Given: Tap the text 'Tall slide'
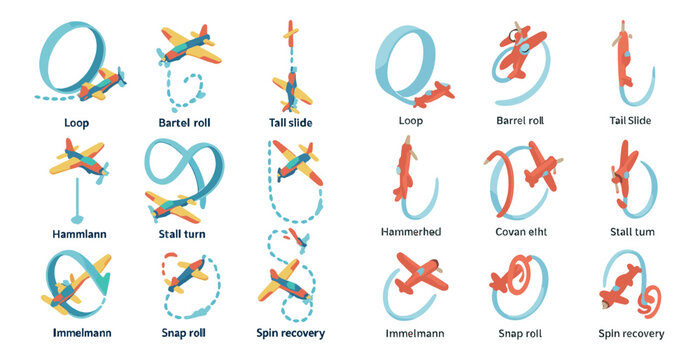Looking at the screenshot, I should [x=291, y=122].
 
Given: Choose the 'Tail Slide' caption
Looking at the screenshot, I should [x=630, y=121].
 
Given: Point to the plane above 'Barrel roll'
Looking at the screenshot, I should [x=522, y=53].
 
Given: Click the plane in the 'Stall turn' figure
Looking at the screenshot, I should [x=175, y=205].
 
